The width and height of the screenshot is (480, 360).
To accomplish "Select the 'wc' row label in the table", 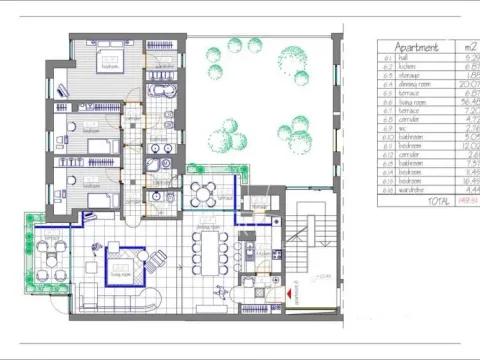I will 400,129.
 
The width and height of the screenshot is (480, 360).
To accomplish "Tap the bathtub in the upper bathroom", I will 160,88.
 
